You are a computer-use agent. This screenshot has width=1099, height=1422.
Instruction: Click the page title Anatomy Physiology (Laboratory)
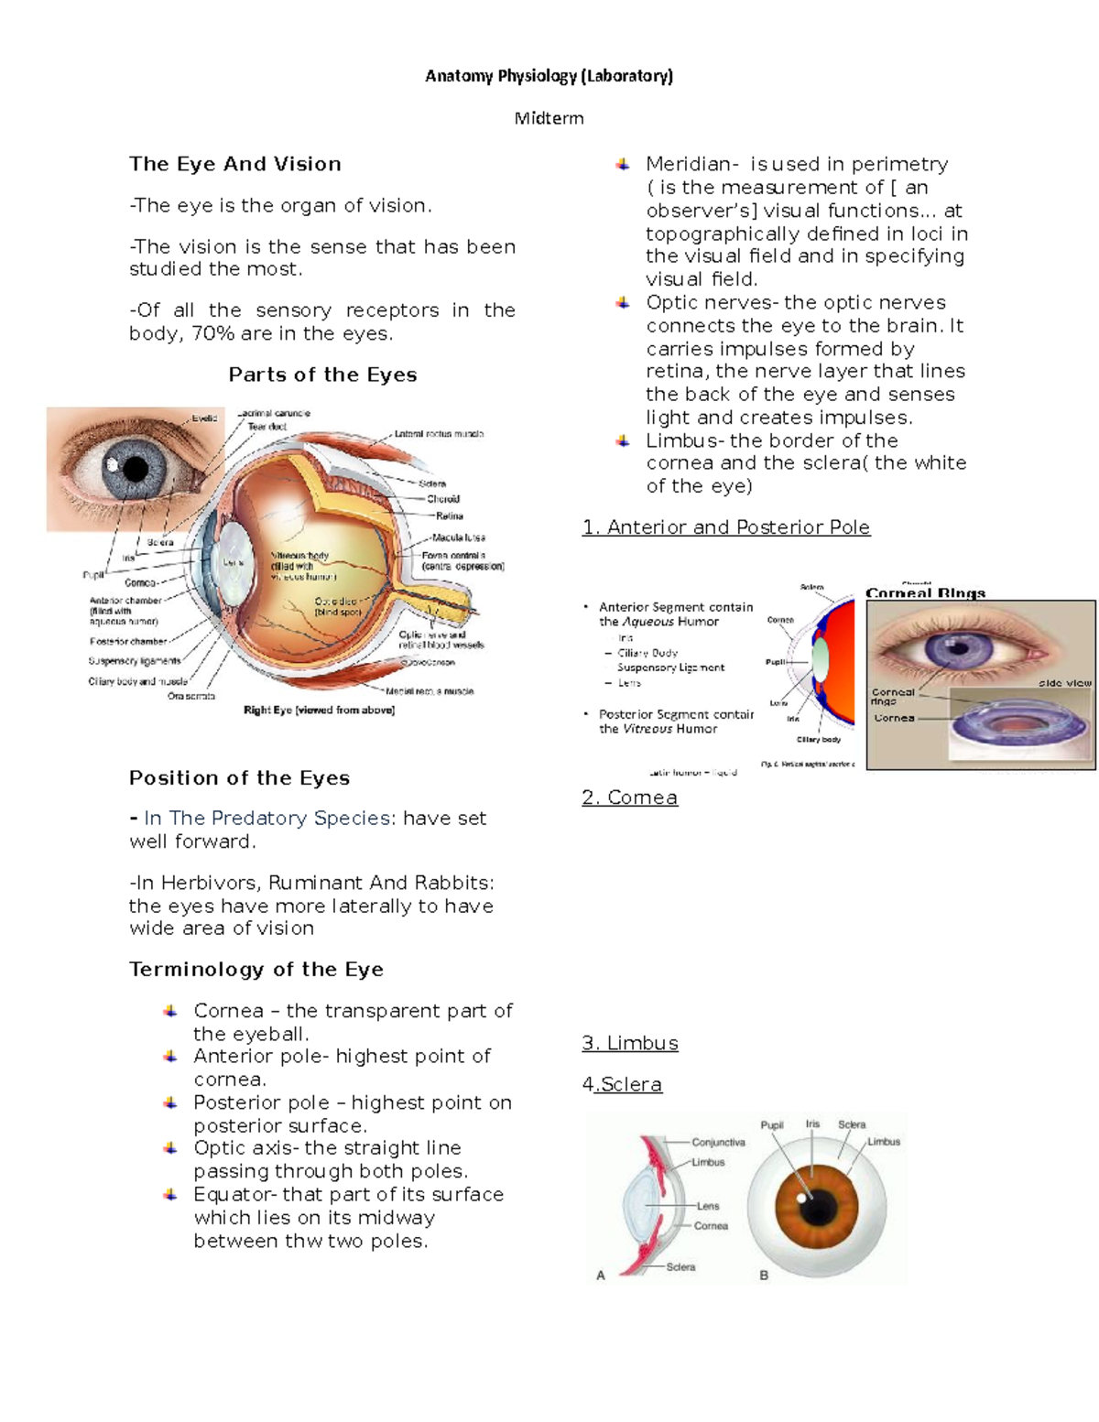(549, 76)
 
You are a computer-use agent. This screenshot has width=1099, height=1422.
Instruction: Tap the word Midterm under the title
(549, 118)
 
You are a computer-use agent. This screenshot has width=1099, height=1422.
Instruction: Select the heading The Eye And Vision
(235, 164)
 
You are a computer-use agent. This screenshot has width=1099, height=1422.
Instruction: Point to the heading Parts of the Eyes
(322, 374)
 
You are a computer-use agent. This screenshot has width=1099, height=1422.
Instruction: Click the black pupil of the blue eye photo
(136, 470)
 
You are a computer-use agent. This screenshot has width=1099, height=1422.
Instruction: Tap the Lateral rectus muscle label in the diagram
(439, 434)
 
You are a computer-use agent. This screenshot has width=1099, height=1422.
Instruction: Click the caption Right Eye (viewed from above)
(319, 710)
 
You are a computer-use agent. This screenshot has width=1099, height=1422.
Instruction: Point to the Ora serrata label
(191, 696)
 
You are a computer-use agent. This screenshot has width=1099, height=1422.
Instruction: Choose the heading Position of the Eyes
(239, 778)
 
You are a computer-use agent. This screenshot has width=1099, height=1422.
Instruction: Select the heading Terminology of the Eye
(256, 970)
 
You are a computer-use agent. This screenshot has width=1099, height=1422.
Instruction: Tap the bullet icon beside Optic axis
(170, 1148)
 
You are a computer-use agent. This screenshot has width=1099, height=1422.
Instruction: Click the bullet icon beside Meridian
(623, 165)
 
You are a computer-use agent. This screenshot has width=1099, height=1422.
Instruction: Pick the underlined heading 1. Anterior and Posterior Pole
(725, 527)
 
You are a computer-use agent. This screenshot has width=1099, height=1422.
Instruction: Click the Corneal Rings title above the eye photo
(925, 593)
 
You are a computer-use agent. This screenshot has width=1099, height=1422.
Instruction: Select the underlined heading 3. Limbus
(630, 1043)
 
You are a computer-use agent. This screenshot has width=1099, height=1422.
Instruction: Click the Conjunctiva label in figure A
(718, 1142)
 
